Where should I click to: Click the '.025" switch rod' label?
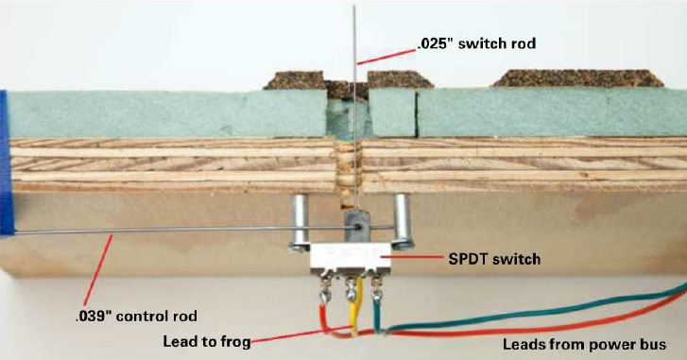coord(476,43)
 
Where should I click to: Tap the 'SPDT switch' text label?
coord(494,259)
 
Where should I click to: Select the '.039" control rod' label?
coord(136,316)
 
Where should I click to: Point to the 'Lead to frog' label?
coord(207,342)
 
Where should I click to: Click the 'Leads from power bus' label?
coord(584,344)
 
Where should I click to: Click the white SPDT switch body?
coord(350,258)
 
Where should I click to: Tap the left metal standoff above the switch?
coord(300,222)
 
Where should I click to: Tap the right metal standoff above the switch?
coord(402,222)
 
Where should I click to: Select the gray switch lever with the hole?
coord(357,225)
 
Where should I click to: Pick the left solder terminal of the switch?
coord(325,288)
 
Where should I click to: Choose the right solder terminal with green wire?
coord(377,287)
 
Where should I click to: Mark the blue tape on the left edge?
coord(7,162)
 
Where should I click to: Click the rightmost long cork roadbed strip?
coord(578,78)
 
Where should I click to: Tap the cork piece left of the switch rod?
coord(295,80)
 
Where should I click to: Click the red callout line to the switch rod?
coord(386,57)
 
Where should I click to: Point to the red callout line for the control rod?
coord(97,272)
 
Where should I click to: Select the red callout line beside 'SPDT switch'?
coord(416,258)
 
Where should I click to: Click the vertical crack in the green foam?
coord(416,114)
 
